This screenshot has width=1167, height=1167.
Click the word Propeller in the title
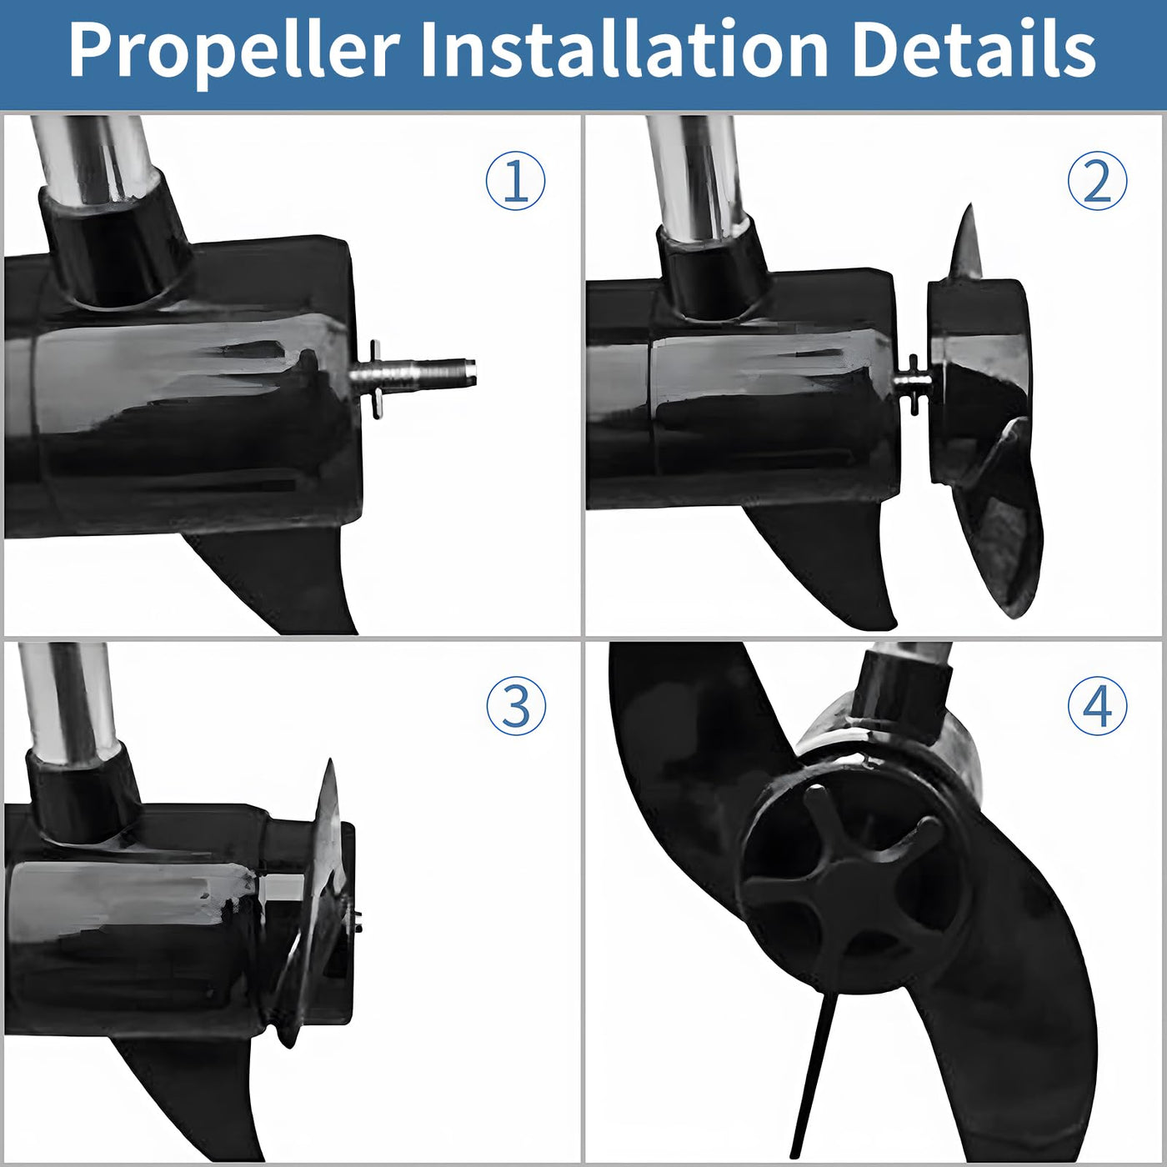coord(234,50)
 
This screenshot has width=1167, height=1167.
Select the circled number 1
coord(515,181)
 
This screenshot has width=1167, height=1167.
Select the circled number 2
coord(1097,181)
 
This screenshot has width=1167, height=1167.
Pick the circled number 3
coord(515,706)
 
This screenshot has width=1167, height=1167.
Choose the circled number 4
coord(1097,706)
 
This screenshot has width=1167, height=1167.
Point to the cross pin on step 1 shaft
coord(377,379)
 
